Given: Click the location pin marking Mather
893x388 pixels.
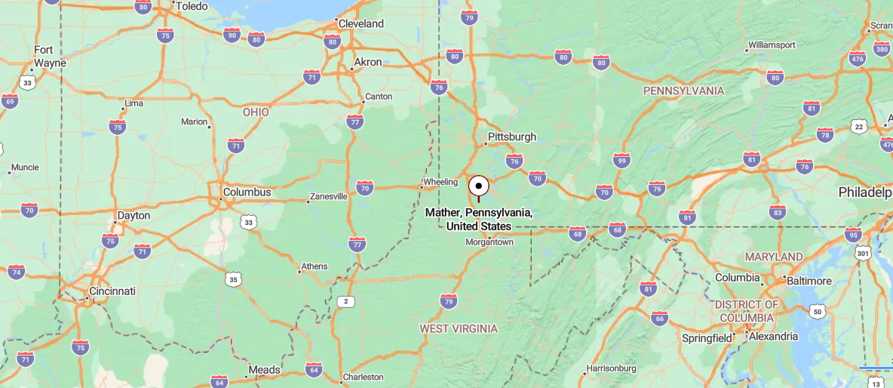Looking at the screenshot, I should (478, 186).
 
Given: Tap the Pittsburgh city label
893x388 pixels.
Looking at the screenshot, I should (512, 137).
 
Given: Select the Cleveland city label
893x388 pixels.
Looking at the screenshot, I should (361, 23).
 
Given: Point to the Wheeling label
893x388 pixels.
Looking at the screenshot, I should (440, 182).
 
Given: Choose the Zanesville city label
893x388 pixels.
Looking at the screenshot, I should (328, 196).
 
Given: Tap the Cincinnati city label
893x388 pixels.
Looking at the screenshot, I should (112, 291).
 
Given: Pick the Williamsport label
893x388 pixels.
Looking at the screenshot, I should (772, 45).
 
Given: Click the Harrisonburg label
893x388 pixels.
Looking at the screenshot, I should (610, 368).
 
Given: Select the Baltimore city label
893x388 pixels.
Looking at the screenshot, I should (810, 281).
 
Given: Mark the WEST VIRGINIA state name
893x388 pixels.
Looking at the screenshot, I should (459, 328).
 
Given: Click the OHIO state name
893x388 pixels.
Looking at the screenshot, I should (256, 112).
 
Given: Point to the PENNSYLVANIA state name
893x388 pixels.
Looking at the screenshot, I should (683, 91).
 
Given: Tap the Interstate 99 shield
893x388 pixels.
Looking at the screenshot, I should (621, 160).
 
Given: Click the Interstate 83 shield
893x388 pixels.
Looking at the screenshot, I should (778, 212).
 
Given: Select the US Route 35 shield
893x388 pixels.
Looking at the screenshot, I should (234, 279).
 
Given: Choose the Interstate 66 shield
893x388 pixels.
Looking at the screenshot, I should (659, 318).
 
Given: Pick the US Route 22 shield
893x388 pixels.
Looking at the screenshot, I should (858, 127).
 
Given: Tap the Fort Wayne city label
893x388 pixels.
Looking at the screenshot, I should (49, 57).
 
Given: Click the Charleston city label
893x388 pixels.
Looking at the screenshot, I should (363, 377).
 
